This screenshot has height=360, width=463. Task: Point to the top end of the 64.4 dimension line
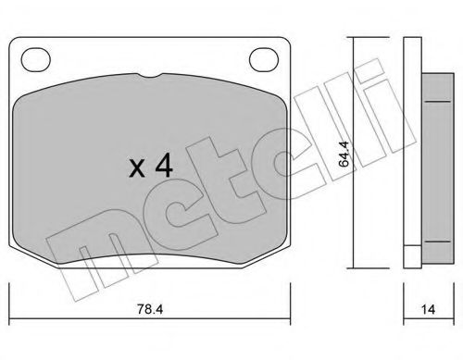(351, 38)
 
